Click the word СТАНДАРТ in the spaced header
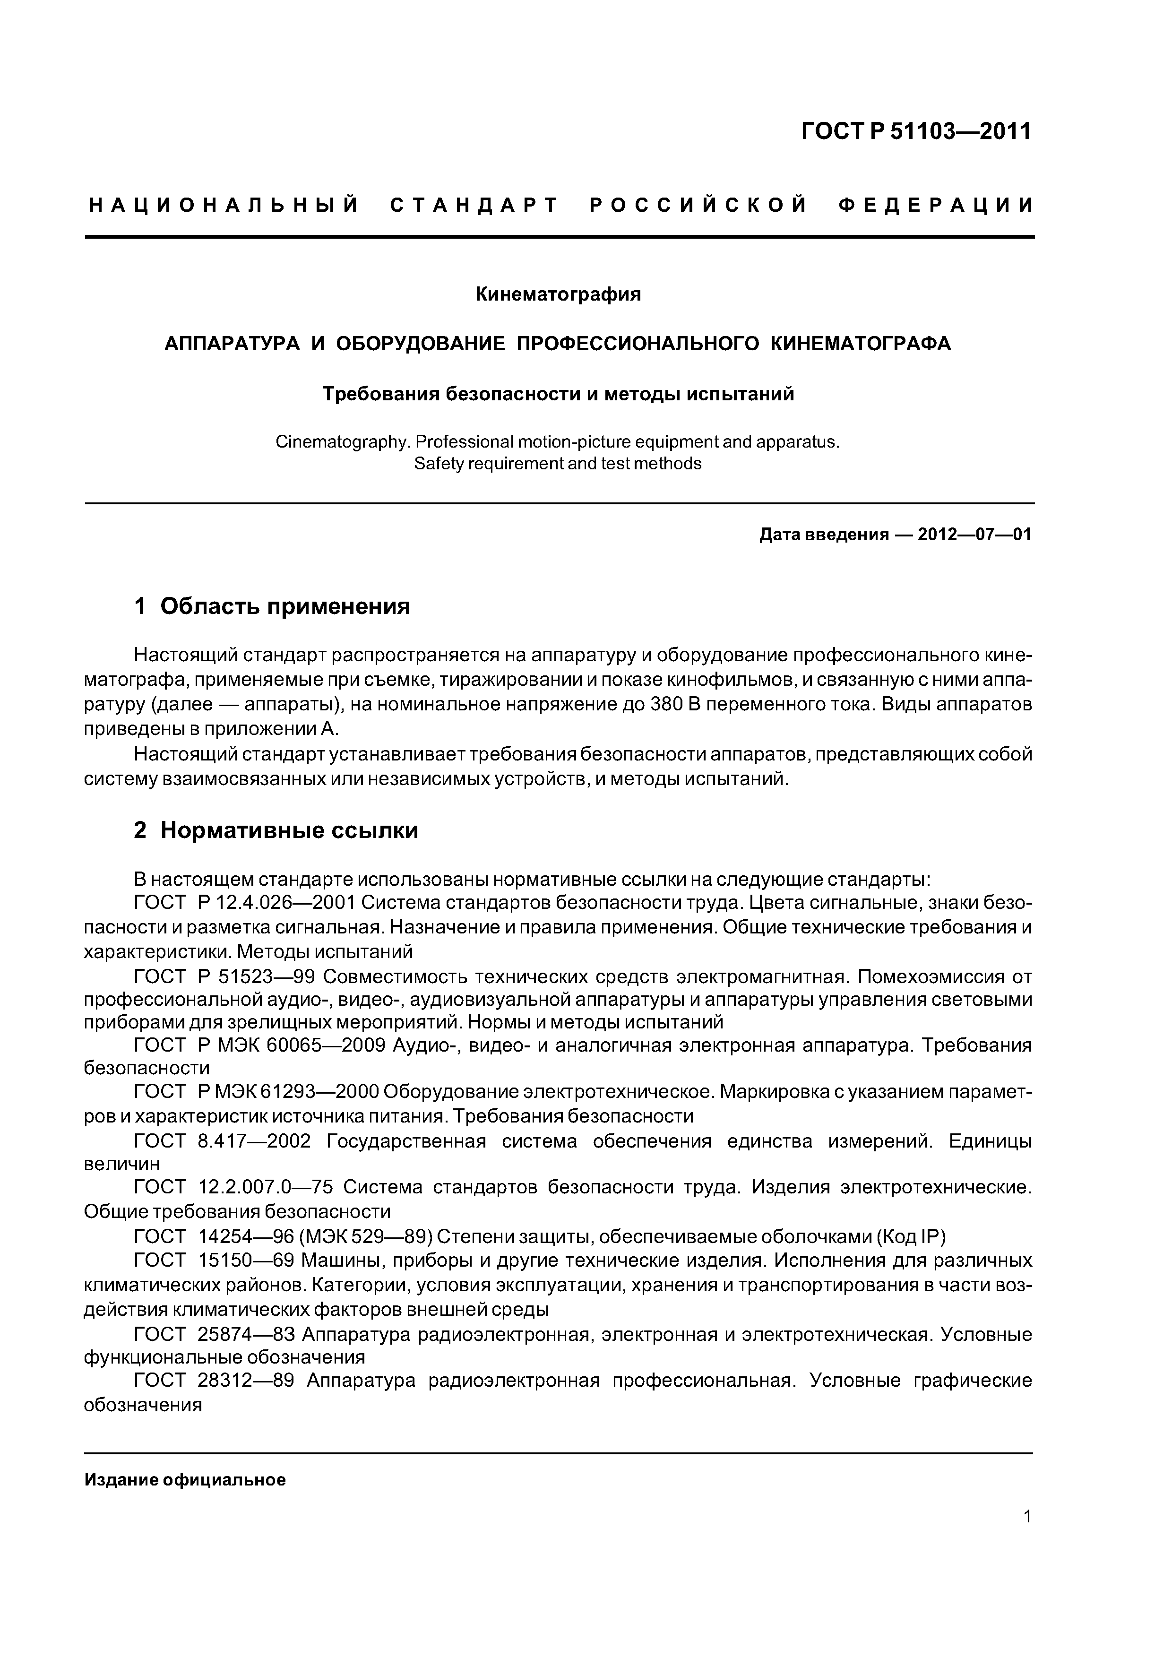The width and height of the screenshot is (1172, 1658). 474,206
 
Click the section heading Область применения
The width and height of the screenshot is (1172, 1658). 284,606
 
